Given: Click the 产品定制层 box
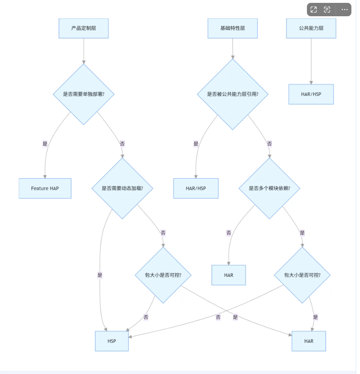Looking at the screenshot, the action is tap(84, 28).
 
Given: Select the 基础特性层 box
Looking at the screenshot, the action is tap(232, 28).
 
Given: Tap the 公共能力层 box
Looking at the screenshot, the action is tap(311, 28).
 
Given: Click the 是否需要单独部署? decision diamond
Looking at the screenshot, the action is tap(84, 94).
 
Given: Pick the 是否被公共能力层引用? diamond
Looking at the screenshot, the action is tap(232, 94).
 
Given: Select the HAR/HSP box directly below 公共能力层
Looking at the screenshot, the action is tap(311, 94).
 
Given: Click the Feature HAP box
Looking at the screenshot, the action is tap(45, 188).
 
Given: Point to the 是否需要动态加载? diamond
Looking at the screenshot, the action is tap(122, 188).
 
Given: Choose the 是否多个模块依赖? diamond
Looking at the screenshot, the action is tap(269, 188).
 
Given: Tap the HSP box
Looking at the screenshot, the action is tap(112, 341).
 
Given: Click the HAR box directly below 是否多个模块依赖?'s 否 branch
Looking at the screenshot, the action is tap(229, 275).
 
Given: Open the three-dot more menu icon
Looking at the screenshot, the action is tap(345, 10).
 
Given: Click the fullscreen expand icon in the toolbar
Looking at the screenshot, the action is tap(314, 10).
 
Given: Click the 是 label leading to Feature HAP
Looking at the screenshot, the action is tap(45, 144).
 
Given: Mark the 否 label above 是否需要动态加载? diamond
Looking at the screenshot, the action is tap(122, 144).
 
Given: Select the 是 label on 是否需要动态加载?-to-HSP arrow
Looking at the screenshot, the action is tap(100, 275).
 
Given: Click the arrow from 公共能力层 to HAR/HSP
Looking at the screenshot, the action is tap(311, 61).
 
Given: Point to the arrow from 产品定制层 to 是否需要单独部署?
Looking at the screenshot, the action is tap(84, 51).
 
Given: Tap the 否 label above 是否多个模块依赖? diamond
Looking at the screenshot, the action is tap(269, 144).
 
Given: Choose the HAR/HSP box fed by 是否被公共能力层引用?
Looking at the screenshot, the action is tap(196, 188).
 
